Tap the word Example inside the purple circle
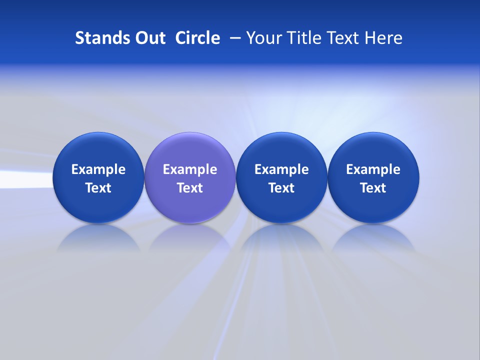[190, 169]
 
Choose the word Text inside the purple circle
[190, 188]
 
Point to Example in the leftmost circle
[98, 169]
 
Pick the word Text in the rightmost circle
[373, 188]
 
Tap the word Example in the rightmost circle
[373, 169]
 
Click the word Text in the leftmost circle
[98, 188]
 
